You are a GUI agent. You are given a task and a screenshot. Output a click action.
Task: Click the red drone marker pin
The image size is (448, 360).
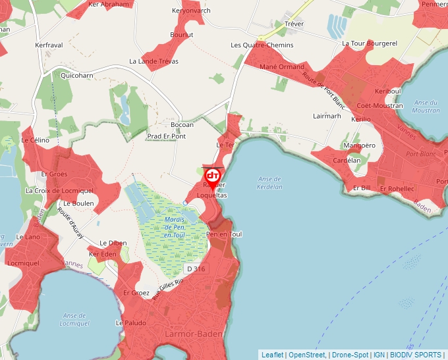click(x=212, y=177)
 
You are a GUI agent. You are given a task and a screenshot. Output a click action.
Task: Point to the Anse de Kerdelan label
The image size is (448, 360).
click(x=270, y=182)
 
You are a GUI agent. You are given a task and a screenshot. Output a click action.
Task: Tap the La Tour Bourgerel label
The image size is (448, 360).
click(x=370, y=43)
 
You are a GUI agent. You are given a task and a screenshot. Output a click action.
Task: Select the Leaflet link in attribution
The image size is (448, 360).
click(x=272, y=355)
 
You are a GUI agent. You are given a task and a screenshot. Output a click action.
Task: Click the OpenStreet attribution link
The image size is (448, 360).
click(x=306, y=355)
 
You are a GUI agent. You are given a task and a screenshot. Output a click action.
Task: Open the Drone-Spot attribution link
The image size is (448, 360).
click(x=350, y=355)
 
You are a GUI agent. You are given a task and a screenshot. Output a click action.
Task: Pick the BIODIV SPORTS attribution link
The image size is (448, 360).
click(x=416, y=355)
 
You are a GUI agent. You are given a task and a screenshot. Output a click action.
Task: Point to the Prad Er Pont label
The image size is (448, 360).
click(x=166, y=136)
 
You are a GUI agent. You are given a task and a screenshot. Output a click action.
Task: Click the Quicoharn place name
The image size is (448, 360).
click(x=77, y=76)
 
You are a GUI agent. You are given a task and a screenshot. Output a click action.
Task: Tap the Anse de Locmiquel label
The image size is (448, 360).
click(x=74, y=319)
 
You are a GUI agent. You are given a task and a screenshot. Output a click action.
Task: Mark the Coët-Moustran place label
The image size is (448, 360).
click(x=379, y=105)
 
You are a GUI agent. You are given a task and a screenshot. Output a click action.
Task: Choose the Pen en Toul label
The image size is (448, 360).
click(x=224, y=234)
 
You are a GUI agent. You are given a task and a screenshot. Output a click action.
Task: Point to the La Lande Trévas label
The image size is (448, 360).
click(x=154, y=61)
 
